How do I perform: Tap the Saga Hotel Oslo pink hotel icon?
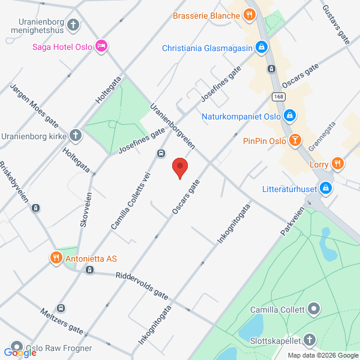tap(101, 46)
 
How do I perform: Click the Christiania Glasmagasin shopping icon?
tap(262, 46)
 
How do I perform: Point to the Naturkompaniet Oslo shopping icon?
tap(289, 115)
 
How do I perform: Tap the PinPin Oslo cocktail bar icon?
tap(295, 141)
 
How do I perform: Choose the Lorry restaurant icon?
tap(338, 163)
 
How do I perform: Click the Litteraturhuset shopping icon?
tap(326, 188)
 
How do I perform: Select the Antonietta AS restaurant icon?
tap(56, 258)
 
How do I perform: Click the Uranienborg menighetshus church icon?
tap(73, 25)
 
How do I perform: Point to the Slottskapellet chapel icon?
tap(310, 340)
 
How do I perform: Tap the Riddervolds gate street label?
tap(142, 286)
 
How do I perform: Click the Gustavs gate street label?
tap(335, 26)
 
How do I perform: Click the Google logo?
tap(20, 353)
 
